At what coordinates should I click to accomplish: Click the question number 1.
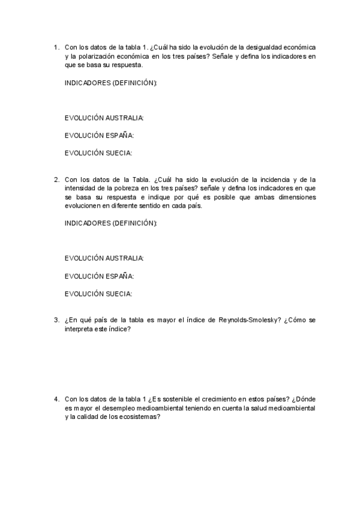tap(56, 47)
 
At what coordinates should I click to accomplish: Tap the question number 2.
tap(56, 179)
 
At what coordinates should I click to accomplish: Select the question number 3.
tap(56, 320)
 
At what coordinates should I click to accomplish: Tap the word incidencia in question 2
tap(265, 179)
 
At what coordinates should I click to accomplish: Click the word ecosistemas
tap(140, 417)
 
